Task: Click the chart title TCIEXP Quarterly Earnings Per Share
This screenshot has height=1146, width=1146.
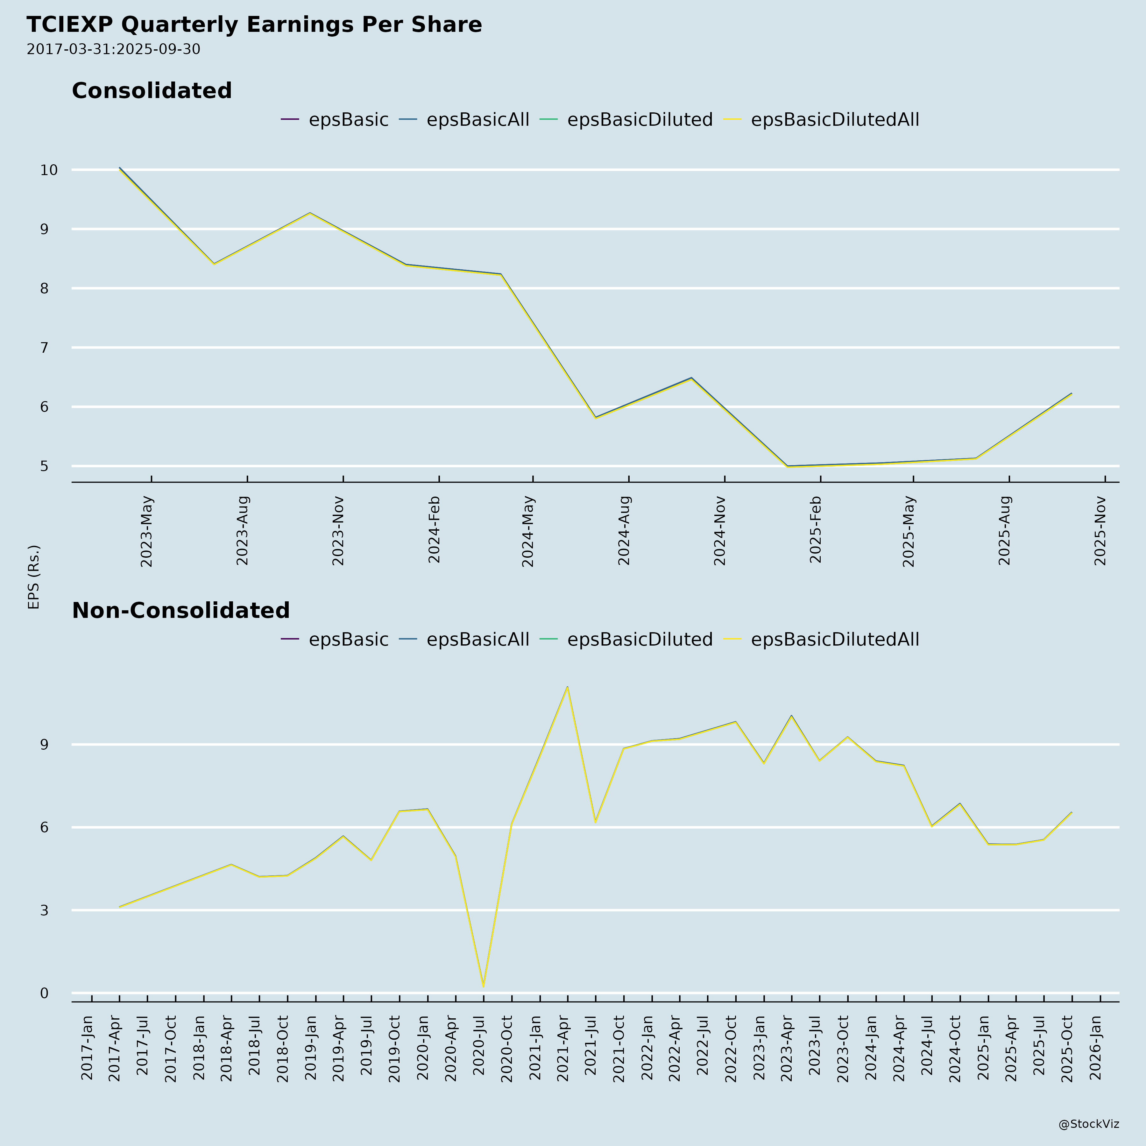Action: pos(254,25)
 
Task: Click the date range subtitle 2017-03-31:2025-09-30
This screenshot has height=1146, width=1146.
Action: pos(113,49)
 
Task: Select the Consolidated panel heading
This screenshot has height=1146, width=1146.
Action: pos(152,91)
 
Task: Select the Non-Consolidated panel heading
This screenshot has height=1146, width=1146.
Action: pos(181,610)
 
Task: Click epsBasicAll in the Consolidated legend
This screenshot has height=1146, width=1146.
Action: pos(478,120)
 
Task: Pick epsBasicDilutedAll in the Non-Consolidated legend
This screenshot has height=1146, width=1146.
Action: pos(835,640)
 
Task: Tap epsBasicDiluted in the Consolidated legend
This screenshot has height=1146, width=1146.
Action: pos(640,120)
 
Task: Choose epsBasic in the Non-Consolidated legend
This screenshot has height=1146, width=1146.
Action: pos(348,640)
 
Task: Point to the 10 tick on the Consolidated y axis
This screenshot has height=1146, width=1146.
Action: pos(49,170)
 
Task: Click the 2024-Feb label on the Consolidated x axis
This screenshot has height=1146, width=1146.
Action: pos(434,530)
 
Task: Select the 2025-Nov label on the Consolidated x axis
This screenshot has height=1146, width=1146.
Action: pos(1101,531)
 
